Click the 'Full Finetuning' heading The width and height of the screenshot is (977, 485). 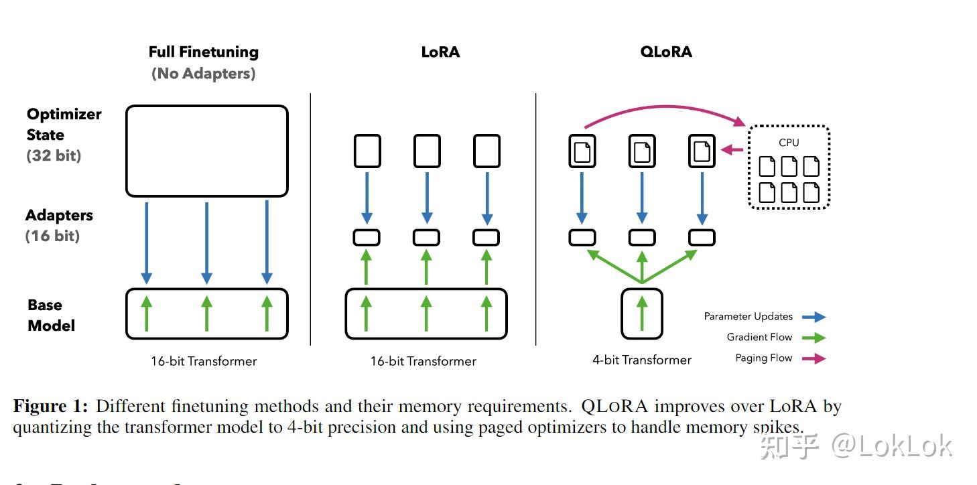[x=203, y=52]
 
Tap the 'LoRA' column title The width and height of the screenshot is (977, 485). [x=440, y=52]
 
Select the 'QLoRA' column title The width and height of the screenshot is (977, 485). [x=666, y=52]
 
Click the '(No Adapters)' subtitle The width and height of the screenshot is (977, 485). [x=203, y=73]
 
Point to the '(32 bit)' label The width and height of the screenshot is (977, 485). [x=54, y=155]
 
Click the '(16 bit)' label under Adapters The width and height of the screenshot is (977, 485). [x=52, y=236]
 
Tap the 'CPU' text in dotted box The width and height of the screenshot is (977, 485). [x=789, y=142]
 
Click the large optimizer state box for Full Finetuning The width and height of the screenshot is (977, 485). [x=206, y=151]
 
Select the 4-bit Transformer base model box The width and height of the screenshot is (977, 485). [x=642, y=314]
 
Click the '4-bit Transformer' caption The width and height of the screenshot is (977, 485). [x=641, y=360]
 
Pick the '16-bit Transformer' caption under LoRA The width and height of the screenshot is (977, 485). [x=423, y=361]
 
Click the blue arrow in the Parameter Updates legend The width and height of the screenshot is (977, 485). [x=814, y=317]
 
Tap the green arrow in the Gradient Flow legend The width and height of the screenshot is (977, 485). [x=814, y=338]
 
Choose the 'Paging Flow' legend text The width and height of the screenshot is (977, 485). [x=763, y=358]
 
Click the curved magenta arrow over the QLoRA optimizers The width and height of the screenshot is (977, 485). [x=663, y=108]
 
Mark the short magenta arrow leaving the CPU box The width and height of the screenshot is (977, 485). [x=732, y=150]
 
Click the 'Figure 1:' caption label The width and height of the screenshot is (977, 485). [x=51, y=406]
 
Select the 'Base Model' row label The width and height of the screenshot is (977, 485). [x=50, y=315]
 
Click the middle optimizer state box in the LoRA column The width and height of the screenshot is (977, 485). [x=427, y=151]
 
